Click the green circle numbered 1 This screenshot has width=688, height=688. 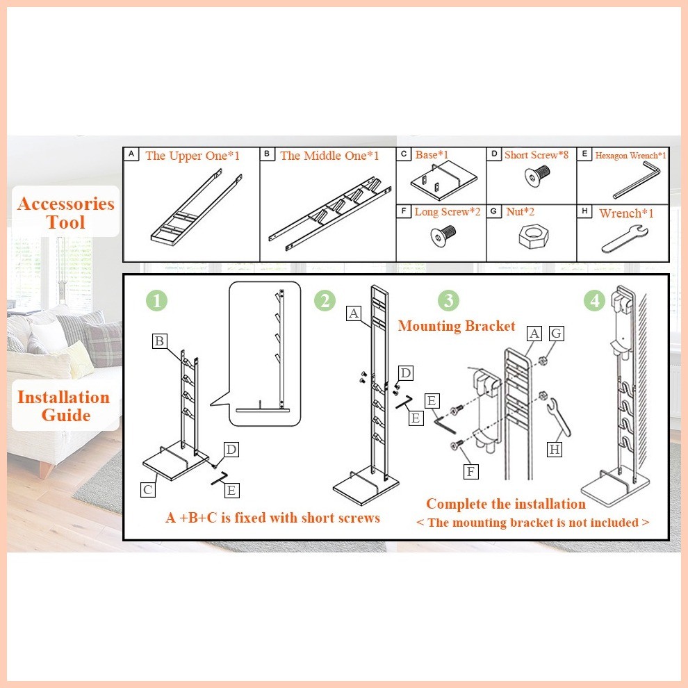(156, 301)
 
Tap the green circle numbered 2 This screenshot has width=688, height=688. (325, 301)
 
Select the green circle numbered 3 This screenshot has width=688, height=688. (448, 301)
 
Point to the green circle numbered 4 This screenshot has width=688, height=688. (595, 301)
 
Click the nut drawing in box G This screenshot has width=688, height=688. (533, 237)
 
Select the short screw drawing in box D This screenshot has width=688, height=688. (537, 177)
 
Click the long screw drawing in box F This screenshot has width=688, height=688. (443, 235)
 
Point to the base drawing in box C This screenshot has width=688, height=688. (443, 180)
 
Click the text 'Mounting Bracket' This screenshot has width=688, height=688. (457, 326)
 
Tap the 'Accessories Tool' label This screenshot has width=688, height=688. (66, 213)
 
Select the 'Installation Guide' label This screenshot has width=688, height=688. (64, 406)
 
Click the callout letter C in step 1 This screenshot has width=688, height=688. (148, 490)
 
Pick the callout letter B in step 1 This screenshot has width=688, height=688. (160, 341)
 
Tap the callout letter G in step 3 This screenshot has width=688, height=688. (557, 334)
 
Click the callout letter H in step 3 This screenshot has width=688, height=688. (555, 450)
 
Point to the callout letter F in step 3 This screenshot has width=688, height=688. (470, 472)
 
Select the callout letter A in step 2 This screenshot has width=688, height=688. (354, 313)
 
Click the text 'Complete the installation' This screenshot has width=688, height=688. (506, 504)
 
